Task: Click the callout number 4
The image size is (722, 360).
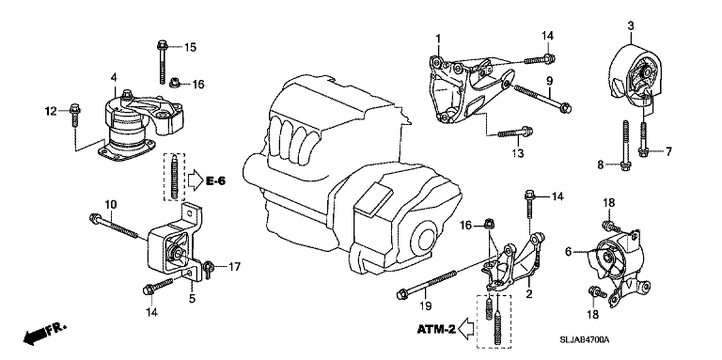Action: [x=113, y=76]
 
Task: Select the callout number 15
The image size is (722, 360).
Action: [x=191, y=47]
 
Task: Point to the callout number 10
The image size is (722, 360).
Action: [x=110, y=204]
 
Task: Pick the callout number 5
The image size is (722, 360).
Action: [x=192, y=300]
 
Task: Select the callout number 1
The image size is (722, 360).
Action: [x=437, y=37]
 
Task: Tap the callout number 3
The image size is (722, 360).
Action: [x=631, y=24]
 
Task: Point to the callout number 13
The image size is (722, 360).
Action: [x=516, y=152]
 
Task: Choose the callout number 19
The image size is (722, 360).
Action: [x=425, y=305]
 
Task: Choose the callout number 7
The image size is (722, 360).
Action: [x=668, y=150]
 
